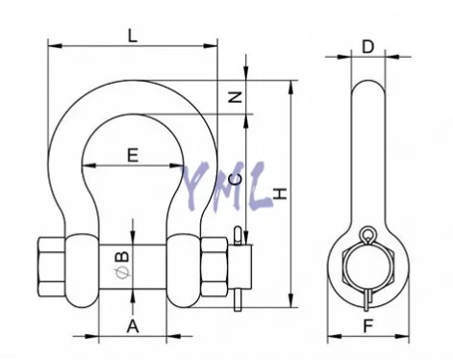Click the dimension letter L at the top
tap(133, 36)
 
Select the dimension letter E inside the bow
tap(133, 155)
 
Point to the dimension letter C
tap(236, 180)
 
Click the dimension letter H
tap(280, 193)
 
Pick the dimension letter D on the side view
tap(367, 47)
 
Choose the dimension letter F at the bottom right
tap(368, 326)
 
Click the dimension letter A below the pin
tap(133, 326)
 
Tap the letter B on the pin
tap(122, 256)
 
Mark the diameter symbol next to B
tap(122, 273)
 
